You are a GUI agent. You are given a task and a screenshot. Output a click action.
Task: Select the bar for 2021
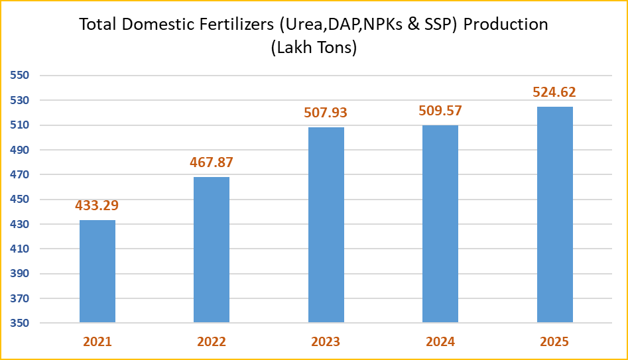pyautogui.click(x=97, y=271)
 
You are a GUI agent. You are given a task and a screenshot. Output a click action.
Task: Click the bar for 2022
pyautogui.click(x=212, y=250)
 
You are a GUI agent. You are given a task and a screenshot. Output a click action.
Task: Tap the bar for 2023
pyautogui.click(x=326, y=225)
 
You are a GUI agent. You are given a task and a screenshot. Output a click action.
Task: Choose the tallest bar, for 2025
pyautogui.click(x=554, y=215)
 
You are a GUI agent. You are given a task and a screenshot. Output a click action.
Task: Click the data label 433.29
pyautogui.click(x=97, y=206)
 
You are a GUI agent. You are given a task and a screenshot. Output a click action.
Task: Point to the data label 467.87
pyautogui.click(x=212, y=162)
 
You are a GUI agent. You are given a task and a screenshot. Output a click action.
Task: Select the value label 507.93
pyautogui.click(x=326, y=113)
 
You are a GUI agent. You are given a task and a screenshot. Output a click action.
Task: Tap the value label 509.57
pyautogui.click(x=440, y=111)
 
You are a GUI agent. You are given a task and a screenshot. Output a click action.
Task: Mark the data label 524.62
pyautogui.click(x=554, y=92)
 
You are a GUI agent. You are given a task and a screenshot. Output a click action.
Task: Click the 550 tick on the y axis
pyautogui.click(x=20, y=76)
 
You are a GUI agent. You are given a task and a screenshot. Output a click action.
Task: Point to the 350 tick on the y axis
pyautogui.click(x=20, y=324)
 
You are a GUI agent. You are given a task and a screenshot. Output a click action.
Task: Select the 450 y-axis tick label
pyautogui.click(x=20, y=200)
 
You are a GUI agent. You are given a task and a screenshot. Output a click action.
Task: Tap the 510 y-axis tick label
pyautogui.click(x=20, y=125)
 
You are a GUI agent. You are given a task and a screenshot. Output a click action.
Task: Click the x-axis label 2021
pyautogui.click(x=97, y=342)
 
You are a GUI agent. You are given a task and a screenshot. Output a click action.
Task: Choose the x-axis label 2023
pyautogui.click(x=326, y=342)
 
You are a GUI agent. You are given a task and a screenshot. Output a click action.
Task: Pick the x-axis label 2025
pyautogui.click(x=554, y=342)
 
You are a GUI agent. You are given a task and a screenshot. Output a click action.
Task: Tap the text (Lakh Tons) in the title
pyautogui.click(x=314, y=48)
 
